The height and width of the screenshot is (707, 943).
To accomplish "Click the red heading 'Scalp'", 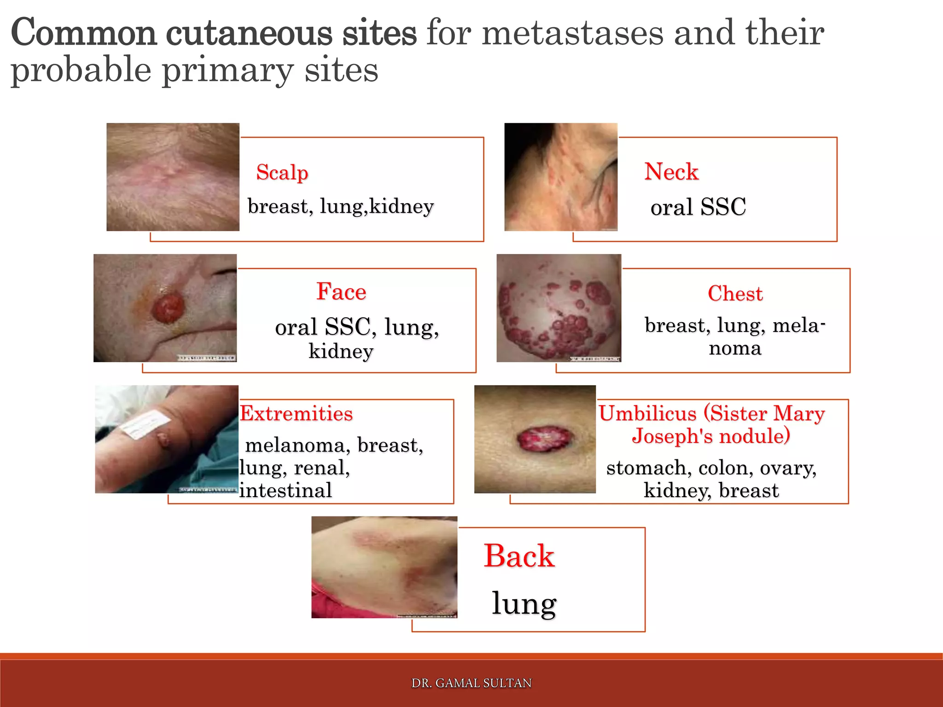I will [282, 173].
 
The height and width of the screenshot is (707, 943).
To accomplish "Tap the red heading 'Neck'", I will [671, 172].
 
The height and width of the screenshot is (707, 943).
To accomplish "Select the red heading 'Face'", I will [341, 292].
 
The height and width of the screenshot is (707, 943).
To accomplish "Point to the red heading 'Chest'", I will [735, 294].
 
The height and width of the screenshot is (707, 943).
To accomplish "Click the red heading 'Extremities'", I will [296, 413].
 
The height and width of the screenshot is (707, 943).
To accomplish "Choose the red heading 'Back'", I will [519, 556].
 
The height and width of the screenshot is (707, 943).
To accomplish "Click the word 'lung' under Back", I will [524, 603].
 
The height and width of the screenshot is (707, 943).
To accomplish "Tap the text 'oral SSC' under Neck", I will [698, 207].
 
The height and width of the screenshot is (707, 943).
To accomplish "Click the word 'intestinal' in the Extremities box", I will [285, 490].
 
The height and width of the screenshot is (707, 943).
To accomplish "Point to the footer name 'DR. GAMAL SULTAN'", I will [471, 683].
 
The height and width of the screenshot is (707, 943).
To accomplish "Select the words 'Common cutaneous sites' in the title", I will [214, 33].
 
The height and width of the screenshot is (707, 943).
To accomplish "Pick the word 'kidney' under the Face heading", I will [341, 351].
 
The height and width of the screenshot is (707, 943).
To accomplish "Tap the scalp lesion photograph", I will [173, 177].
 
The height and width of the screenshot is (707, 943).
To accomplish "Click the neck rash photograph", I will [560, 177].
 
